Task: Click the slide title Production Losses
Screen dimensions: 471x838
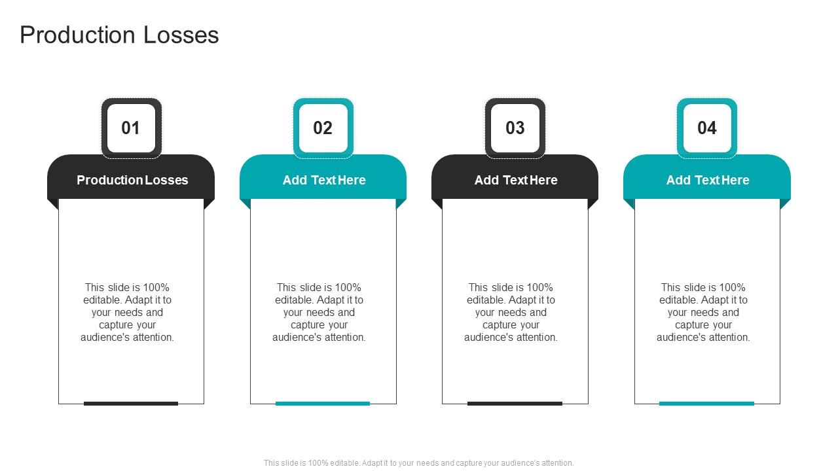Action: coord(119,35)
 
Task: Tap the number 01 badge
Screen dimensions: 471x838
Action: coord(131,128)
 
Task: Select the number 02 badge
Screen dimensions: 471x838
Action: coord(323,128)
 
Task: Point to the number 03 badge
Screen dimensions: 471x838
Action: coord(515,128)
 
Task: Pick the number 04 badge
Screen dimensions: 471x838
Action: coord(707,128)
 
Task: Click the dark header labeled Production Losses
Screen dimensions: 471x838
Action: coord(132,180)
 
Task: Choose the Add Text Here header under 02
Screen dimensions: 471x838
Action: coord(324,180)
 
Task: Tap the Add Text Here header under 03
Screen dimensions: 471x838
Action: coord(516,180)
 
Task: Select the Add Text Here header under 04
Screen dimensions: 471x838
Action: coord(708,180)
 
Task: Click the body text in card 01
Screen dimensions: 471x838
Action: coord(128,313)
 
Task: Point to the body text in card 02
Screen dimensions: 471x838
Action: coord(319,313)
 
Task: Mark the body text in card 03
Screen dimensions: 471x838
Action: coord(511,313)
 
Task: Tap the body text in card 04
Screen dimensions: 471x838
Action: coord(704,313)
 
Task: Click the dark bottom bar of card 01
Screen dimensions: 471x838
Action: coord(131,404)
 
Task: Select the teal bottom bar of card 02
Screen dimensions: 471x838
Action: coord(323,404)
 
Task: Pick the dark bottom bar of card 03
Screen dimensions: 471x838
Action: coord(515,404)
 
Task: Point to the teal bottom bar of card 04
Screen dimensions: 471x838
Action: coord(706,404)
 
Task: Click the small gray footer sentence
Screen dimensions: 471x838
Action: coord(419,463)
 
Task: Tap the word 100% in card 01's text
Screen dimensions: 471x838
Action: coord(156,288)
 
